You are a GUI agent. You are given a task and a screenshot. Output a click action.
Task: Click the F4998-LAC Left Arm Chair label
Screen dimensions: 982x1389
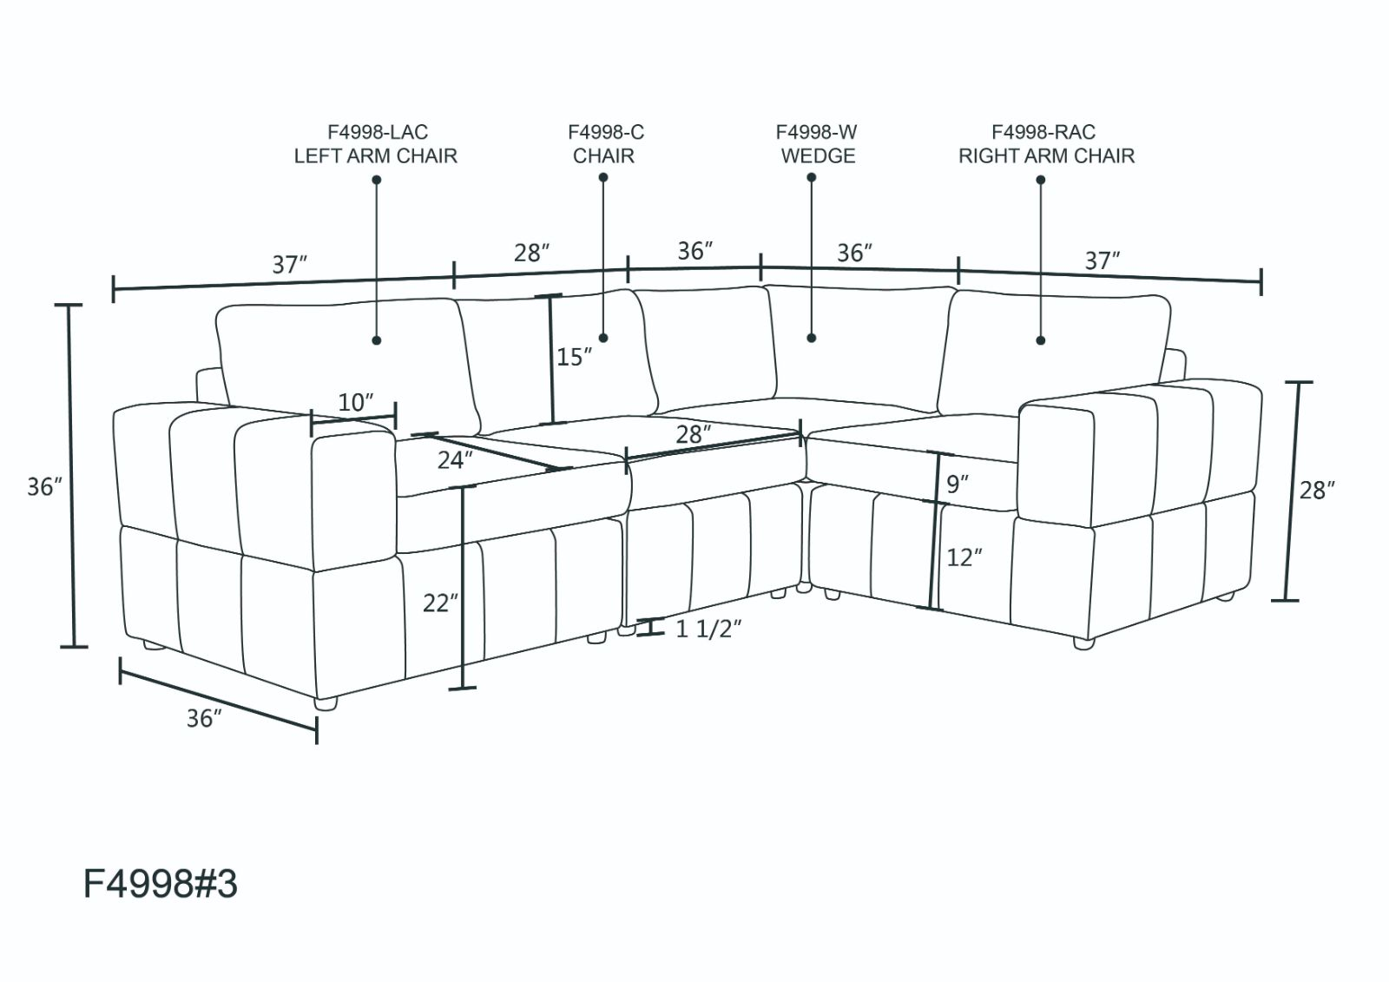375,144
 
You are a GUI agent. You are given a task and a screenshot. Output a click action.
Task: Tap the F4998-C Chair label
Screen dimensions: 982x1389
604,144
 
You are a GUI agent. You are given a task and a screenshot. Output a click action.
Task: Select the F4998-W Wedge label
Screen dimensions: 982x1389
817,144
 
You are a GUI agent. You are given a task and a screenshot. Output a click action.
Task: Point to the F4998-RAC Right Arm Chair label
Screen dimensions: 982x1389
1045,144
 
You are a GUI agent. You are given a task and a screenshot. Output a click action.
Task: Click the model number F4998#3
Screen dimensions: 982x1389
160,885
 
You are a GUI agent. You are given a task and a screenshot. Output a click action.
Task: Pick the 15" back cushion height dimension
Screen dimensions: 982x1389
574,357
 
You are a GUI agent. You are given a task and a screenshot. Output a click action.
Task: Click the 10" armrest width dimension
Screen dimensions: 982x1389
355,403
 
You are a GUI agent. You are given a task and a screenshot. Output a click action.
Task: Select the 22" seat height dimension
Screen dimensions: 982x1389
440,602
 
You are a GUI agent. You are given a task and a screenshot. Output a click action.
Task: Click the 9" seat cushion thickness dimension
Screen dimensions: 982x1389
958,484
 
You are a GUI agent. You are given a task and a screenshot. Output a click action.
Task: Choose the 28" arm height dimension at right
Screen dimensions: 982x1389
1316,491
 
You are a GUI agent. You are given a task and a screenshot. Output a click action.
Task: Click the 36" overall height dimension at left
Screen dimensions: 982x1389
44,487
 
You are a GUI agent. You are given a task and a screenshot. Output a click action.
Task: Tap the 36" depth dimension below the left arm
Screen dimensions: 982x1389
204,719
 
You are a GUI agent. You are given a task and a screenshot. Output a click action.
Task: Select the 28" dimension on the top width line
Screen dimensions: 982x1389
531,254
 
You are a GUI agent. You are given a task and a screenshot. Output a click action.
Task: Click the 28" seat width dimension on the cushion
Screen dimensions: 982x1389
693,434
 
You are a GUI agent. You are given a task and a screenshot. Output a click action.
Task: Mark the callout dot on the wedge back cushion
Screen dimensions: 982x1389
812,338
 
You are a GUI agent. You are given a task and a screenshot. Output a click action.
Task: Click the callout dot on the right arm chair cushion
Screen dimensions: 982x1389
1040,340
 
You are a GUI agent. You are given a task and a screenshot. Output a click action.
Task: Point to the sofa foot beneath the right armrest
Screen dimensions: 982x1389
1083,643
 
